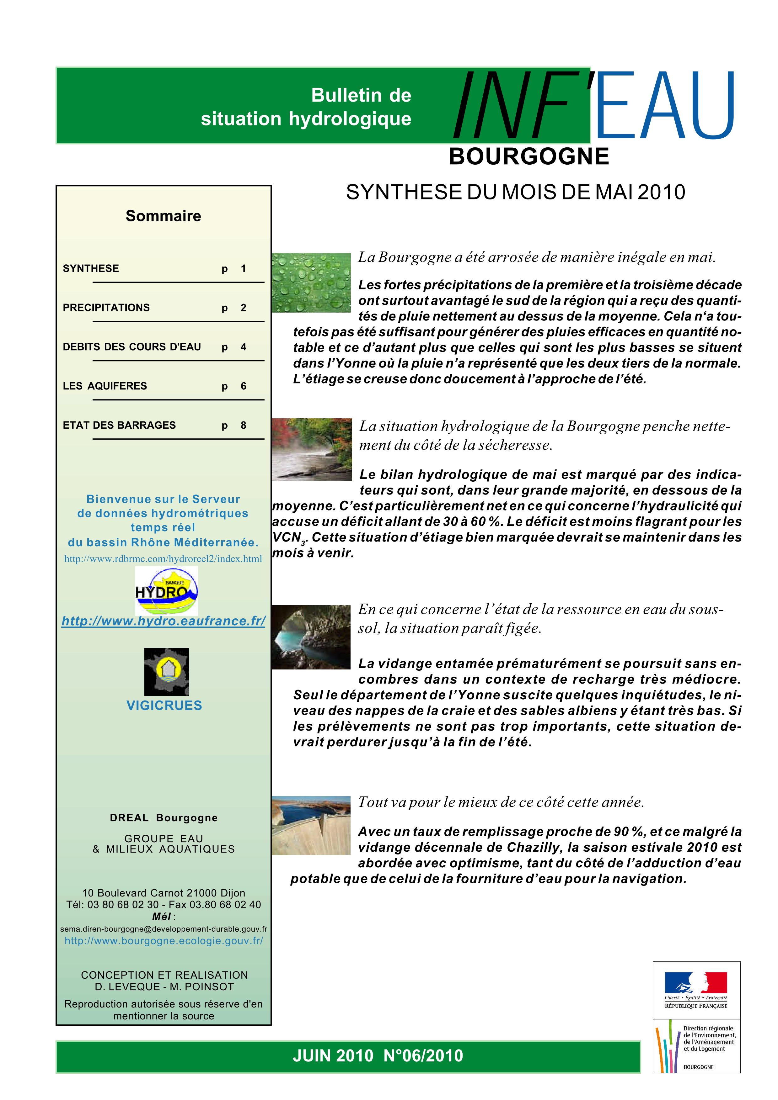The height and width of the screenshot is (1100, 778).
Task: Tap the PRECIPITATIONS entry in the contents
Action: tap(106, 308)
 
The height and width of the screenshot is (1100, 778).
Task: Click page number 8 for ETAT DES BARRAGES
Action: tap(244, 426)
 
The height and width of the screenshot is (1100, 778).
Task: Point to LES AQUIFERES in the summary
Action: tap(105, 386)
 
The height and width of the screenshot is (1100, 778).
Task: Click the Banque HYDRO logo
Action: tap(166, 591)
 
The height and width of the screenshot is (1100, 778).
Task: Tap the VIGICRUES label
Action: tap(164, 705)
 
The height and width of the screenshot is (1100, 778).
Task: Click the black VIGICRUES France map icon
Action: tap(166, 671)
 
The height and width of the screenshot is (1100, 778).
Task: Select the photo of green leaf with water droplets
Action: tap(311, 283)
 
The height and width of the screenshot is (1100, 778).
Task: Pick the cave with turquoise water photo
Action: tap(311, 637)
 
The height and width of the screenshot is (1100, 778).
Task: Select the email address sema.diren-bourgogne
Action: tap(164, 929)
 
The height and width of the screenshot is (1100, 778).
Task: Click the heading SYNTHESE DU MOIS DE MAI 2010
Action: tap(515, 192)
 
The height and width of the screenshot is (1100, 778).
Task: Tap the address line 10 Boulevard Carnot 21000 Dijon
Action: tap(164, 893)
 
